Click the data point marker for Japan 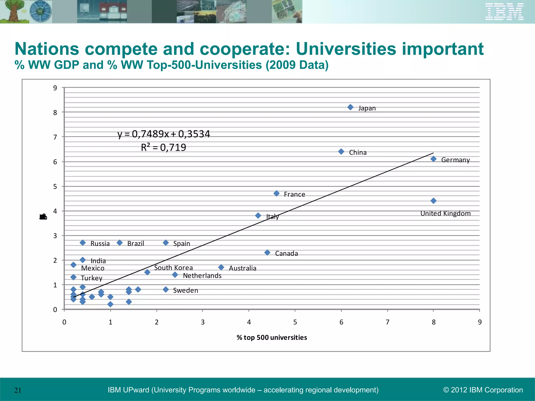[350, 107]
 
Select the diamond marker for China [341, 151]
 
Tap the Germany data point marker [433, 159]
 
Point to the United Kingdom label [445, 214]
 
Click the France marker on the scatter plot [276, 193]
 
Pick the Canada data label [286, 253]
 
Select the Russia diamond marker [83, 243]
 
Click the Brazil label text [136, 244]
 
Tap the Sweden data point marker [166, 290]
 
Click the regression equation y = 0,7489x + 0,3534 [164, 134]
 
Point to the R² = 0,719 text [164, 148]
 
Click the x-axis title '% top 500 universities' [272, 338]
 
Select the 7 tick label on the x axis [387, 322]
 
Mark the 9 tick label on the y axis [55, 88]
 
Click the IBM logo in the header [504, 12]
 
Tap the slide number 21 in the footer [18, 390]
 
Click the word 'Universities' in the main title [346, 49]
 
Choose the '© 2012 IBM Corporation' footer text [483, 390]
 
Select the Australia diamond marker [221, 267]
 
